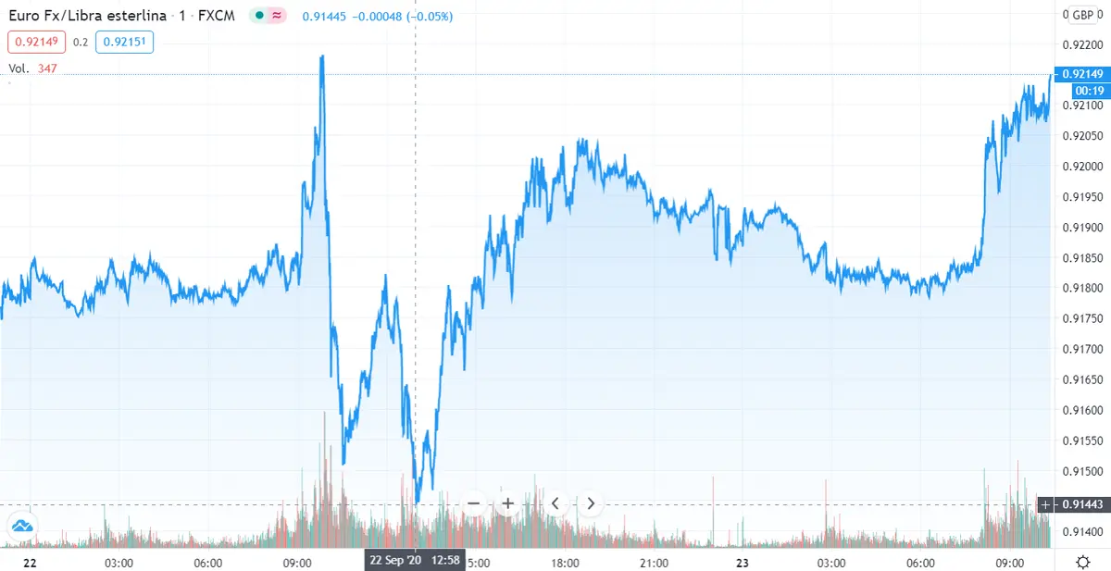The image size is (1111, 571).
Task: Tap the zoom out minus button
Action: pyautogui.click(x=473, y=503)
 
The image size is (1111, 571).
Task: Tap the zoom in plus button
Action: pyautogui.click(x=507, y=503)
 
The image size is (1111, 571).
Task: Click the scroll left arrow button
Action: pyautogui.click(x=555, y=503)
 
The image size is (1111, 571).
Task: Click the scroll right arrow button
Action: pyautogui.click(x=591, y=503)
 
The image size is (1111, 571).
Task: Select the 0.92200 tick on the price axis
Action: pyautogui.click(x=1081, y=44)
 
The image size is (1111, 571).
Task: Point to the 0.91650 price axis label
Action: pyautogui.click(x=1081, y=379)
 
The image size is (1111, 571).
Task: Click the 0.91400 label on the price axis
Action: pyautogui.click(x=1081, y=532)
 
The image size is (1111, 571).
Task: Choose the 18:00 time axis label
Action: pyautogui.click(x=565, y=562)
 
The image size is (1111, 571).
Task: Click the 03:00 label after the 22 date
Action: pyautogui.click(x=119, y=562)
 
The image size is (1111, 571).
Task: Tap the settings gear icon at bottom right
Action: pyautogui.click(x=1083, y=561)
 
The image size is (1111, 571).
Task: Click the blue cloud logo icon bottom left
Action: pyautogui.click(x=22, y=528)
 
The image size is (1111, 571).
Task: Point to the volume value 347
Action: pyautogui.click(x=48, y=68)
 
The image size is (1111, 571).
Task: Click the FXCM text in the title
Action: pyautogui.click(x=219, y=17)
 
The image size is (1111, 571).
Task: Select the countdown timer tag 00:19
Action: pyautogui.click(x=1089, y=90)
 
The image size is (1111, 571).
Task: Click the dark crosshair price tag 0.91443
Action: pyautogui.click(x=1081, y=503)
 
